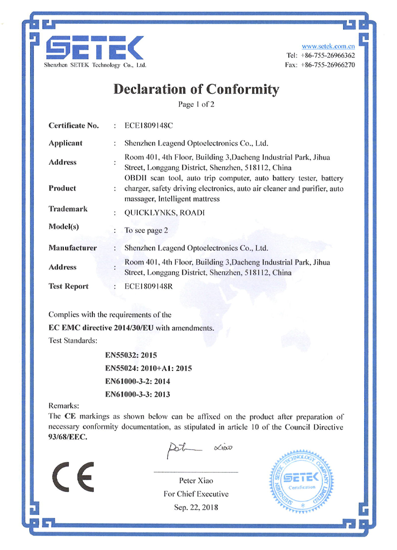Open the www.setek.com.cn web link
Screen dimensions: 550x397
(x=328, y=46)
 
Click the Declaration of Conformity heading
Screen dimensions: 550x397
(x=197, y=89)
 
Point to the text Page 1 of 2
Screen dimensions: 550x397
(x=197, y=104)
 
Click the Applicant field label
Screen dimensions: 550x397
(x=66, y=143)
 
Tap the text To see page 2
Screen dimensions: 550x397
(x=146, y=231)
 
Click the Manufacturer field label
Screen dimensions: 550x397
(x=72, y=248)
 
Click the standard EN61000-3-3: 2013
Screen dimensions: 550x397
(x=138, y=394)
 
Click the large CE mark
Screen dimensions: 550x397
(x=73, y=477)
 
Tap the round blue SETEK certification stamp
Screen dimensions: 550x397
(x=302, y=480)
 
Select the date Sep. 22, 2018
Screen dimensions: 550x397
(x=196, y=507)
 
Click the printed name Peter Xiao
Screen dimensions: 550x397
(x=196, y=480)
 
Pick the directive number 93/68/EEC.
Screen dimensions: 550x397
(x=68, y=437)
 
